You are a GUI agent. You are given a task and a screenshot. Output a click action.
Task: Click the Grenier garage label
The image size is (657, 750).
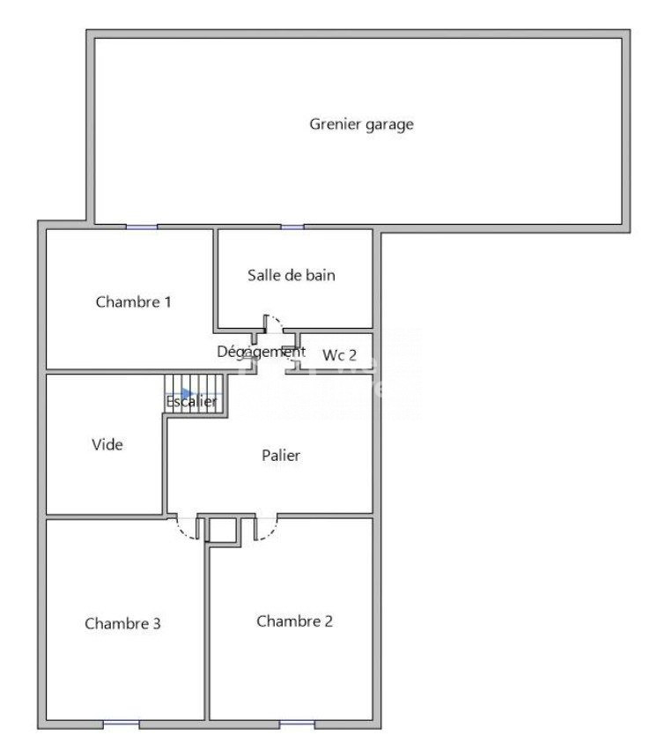click(361, 124)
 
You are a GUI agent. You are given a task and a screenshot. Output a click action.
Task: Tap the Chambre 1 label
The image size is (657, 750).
click(133, 301)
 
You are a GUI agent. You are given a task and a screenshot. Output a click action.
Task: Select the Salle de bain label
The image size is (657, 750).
click(291, 275)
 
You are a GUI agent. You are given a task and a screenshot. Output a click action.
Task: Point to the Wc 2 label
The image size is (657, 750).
click(339, 355)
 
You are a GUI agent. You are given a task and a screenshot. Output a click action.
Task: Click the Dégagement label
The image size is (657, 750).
click(262, 352)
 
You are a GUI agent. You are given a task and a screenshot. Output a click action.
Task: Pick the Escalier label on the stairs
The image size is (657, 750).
click(191, 401)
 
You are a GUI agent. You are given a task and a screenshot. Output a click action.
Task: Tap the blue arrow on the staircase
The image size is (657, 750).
click(187, 393)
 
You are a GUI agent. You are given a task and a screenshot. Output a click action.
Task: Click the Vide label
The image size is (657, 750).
click(107, 444)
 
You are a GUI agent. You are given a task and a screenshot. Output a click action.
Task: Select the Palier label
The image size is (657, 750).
click(280, 455)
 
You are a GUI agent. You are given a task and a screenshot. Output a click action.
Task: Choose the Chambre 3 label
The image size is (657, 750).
click(122, 623)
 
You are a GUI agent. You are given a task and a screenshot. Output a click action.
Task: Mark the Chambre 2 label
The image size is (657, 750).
click(294, 620)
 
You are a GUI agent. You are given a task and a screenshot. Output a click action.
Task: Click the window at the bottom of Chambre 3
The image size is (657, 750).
click(122, 724)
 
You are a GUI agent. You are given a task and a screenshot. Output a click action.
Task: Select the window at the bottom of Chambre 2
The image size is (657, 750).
click(297, 724)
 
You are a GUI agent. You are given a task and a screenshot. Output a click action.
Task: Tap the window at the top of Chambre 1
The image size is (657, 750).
click(142, 226)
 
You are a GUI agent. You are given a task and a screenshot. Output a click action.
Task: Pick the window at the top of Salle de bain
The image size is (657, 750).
click(292, 226)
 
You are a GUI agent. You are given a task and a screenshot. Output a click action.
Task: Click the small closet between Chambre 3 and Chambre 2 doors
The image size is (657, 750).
click(223, 530)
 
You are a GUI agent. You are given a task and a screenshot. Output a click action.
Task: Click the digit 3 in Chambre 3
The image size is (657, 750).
click(156, 623)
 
